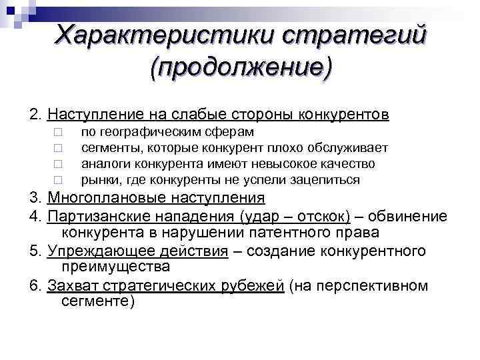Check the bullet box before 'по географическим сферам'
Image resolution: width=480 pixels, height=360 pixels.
pyautogui.click(x=58, y=133)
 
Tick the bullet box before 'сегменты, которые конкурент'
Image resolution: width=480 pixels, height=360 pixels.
pyautogui.click(x=58, y=148)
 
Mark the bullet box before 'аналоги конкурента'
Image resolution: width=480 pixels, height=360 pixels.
pyautogui.click(x=58, y=164)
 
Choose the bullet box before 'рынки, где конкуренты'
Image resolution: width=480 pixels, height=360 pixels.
pyautogui.click(x=58, y=180)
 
